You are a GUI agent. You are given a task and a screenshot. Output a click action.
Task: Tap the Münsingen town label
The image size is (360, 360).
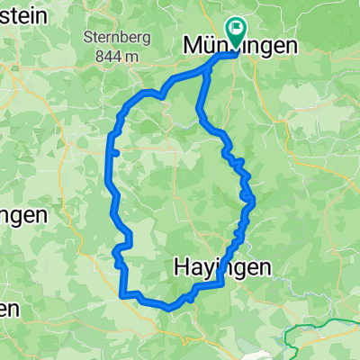(x=239, y=46)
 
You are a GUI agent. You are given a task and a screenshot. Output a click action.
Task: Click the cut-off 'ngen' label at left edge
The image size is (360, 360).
(x=22, y=216)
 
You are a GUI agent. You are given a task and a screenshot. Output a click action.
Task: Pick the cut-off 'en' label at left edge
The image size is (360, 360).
(x=9, y=308)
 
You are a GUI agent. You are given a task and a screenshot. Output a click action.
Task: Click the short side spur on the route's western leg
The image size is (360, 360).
(x=116, y=154)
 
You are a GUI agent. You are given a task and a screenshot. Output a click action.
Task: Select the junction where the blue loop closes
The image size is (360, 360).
(x=209, y=70)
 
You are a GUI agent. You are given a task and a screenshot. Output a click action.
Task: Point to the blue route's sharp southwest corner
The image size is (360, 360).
(x=121, y=293)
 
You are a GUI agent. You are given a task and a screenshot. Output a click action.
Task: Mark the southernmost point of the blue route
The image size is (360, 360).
(x=169, y=308)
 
